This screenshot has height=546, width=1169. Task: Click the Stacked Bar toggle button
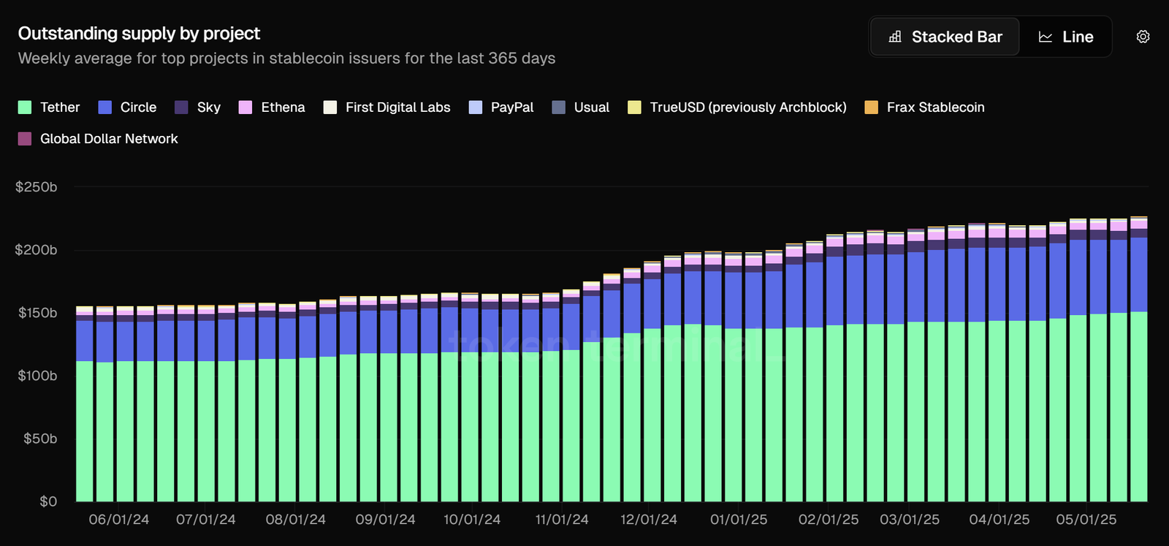945,37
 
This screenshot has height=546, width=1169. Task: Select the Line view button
1066,37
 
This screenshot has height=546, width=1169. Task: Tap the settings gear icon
1143,37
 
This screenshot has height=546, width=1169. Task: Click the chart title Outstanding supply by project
139,34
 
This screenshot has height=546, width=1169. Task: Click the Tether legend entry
49,107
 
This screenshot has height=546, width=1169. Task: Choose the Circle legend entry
128,107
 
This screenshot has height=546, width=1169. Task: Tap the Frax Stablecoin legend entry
924,107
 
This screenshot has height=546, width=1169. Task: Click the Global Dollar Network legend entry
98,139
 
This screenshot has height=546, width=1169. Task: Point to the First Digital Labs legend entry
387,107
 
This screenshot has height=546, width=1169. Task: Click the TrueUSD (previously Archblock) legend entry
737,107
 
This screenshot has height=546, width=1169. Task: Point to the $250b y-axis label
37,187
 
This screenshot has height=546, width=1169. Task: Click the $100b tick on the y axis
37,376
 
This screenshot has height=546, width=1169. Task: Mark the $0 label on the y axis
48,501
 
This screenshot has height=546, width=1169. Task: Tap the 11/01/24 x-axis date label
562,520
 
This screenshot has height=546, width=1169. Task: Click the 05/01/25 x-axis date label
1086,520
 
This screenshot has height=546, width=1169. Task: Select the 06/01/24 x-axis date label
119,520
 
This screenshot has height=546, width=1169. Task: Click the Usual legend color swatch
559,107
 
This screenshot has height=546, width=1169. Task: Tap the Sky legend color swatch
182,107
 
